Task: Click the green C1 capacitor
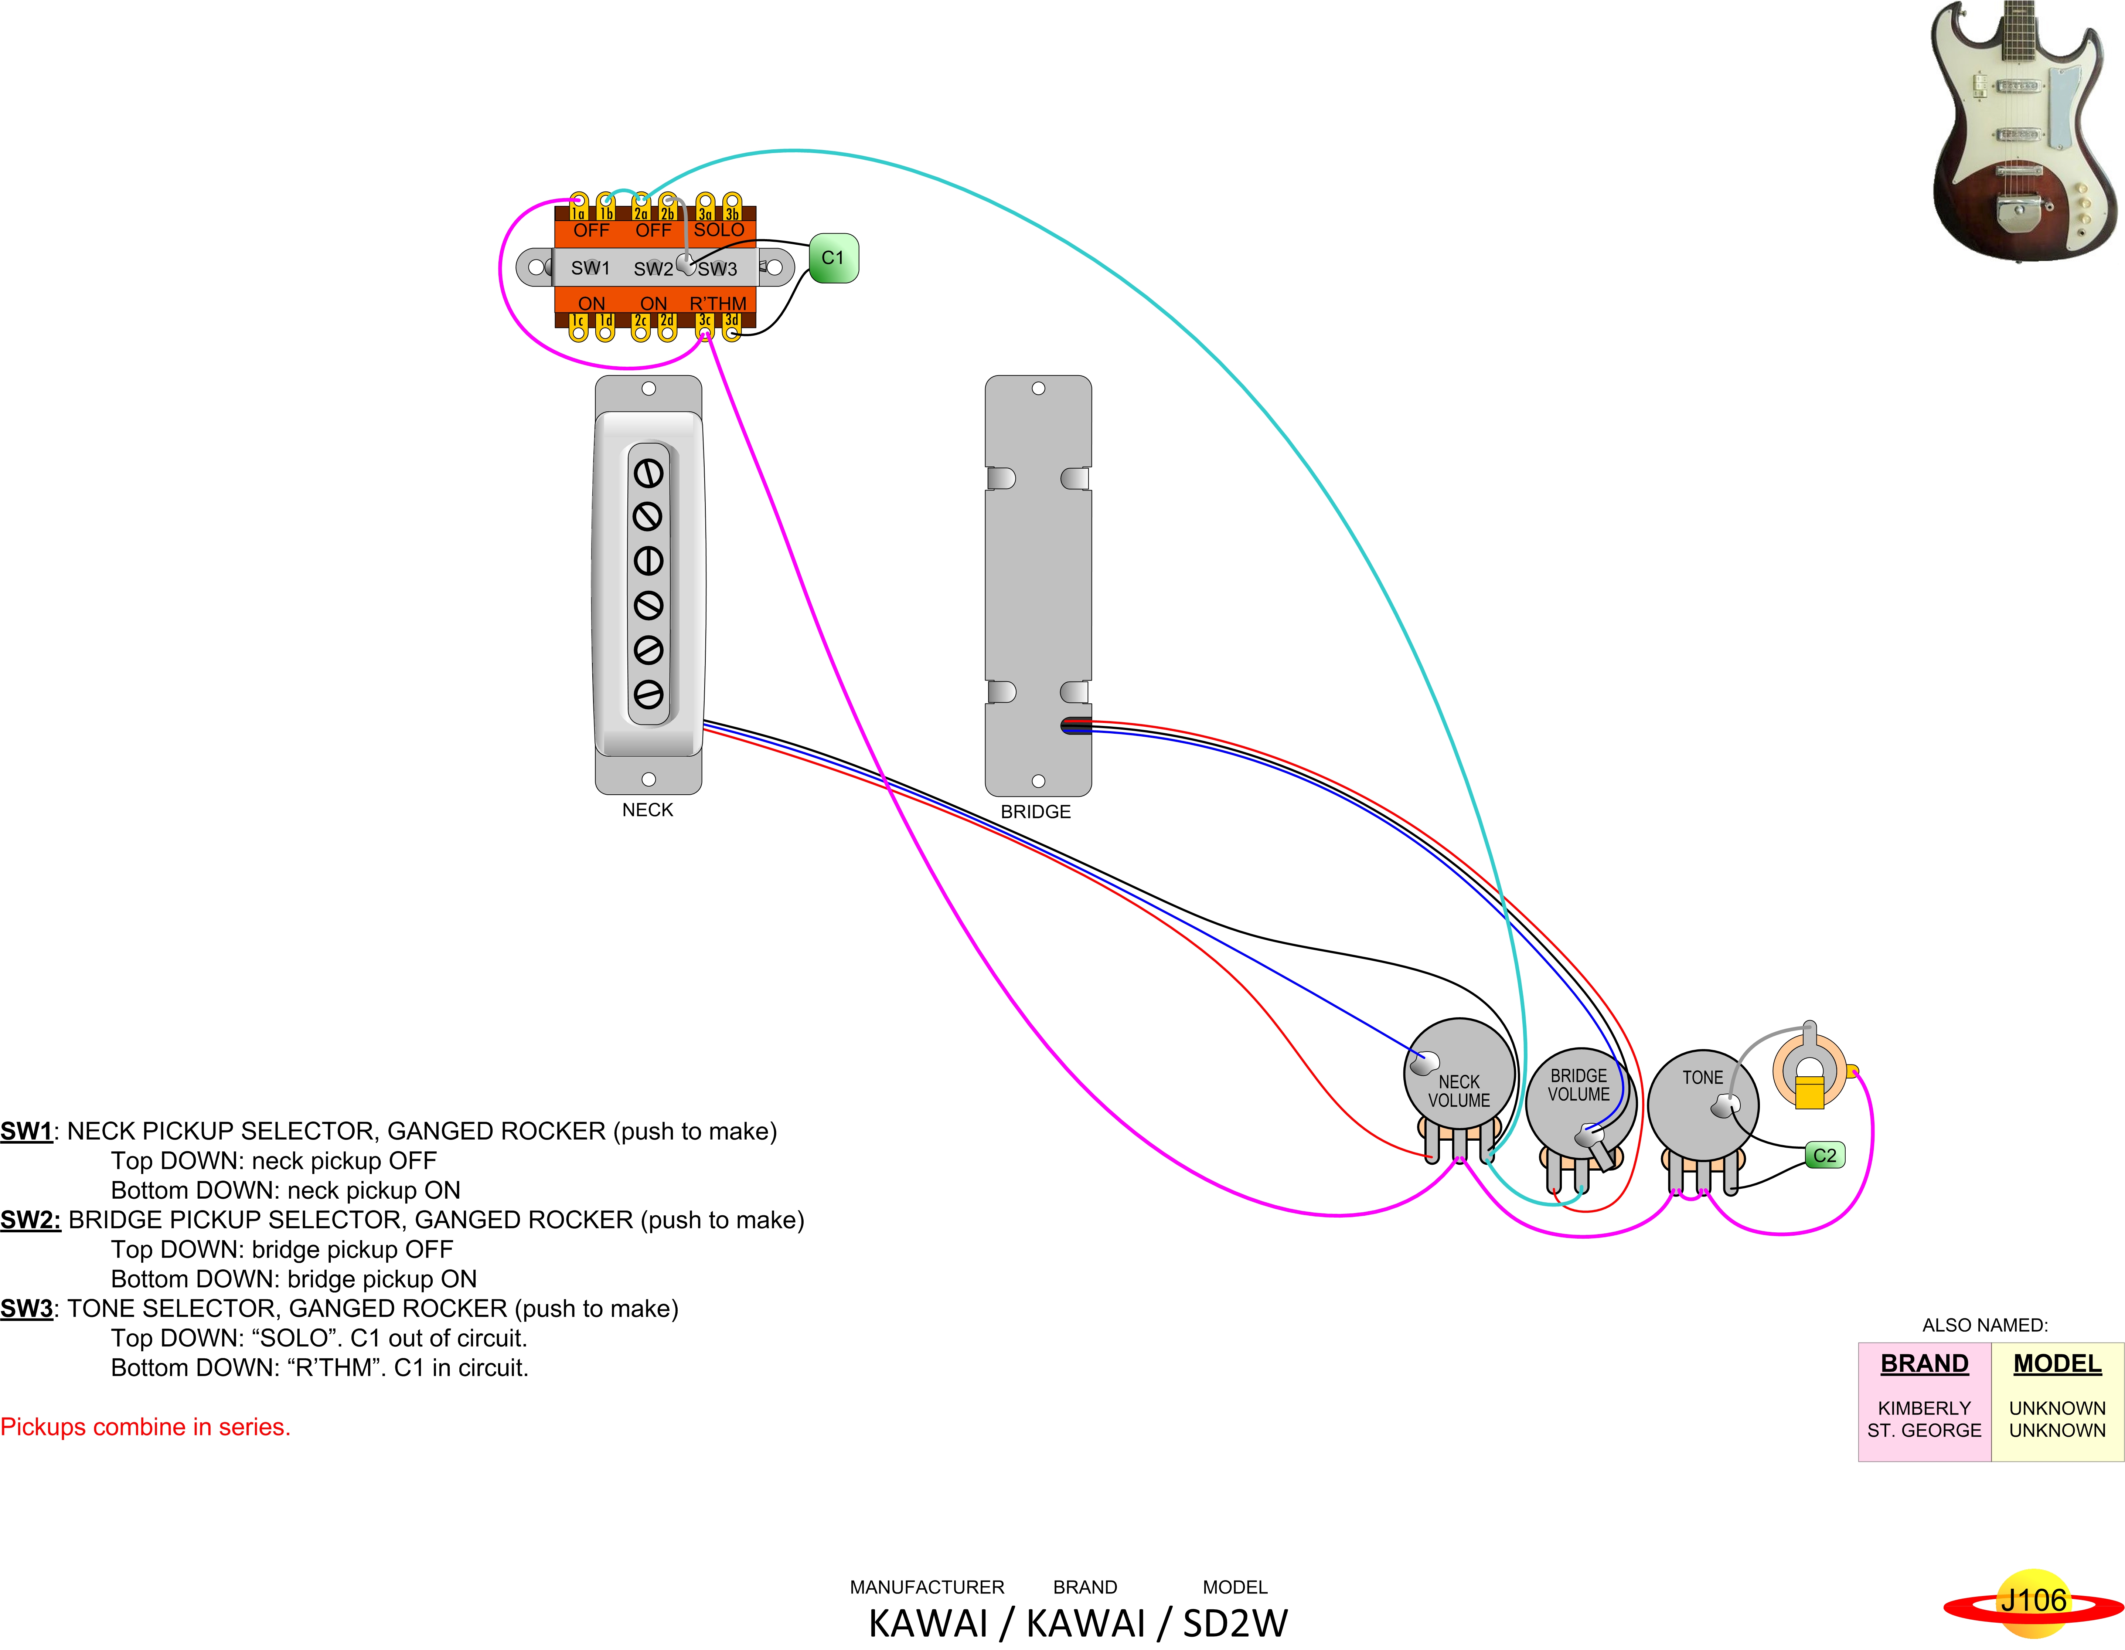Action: click(x=833, y=258)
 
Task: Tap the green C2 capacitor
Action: click(x=1824, y=1155)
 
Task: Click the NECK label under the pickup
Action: click(x=647, y=810)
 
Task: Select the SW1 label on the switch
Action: click(x=590, y=268)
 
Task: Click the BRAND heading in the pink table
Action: click(x=1924, y=1364)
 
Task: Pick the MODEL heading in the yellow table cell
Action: click(x=2057, y=1364)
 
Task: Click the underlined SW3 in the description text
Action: click(x=26, y=1308)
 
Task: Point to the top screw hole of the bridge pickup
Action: click(x=1038, y=388)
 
